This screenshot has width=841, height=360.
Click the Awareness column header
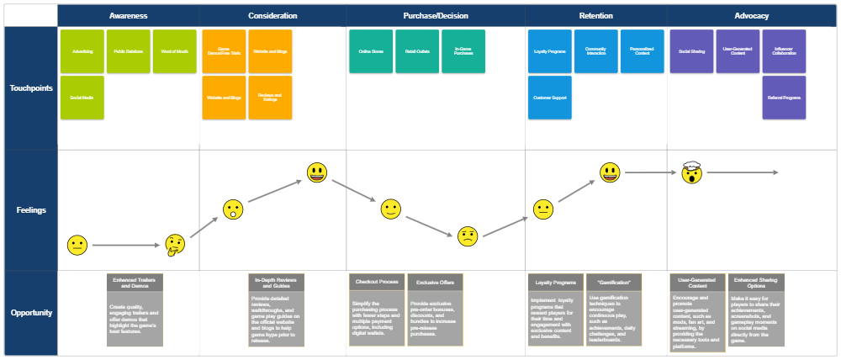point(128,16)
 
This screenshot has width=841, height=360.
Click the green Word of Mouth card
point(175,51)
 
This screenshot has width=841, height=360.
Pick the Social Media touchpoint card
point(82,98)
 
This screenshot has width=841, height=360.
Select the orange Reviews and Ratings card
point(270,98)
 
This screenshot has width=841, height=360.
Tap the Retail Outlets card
point(416,51)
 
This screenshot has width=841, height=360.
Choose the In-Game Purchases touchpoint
point(463,51)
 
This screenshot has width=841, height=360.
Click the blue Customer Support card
point(550,98)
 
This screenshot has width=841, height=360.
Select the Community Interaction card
point(595,51)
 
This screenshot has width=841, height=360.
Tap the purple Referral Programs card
point(784,98)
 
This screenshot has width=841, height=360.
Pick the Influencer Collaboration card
point(784,51)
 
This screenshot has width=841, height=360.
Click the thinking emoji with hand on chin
point(175,246)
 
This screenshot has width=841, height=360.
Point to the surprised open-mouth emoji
point(233,210)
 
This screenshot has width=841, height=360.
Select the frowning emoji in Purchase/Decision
point(468,236)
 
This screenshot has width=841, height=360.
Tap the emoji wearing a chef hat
point(691,173)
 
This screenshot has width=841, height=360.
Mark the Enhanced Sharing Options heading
point(757,283)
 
